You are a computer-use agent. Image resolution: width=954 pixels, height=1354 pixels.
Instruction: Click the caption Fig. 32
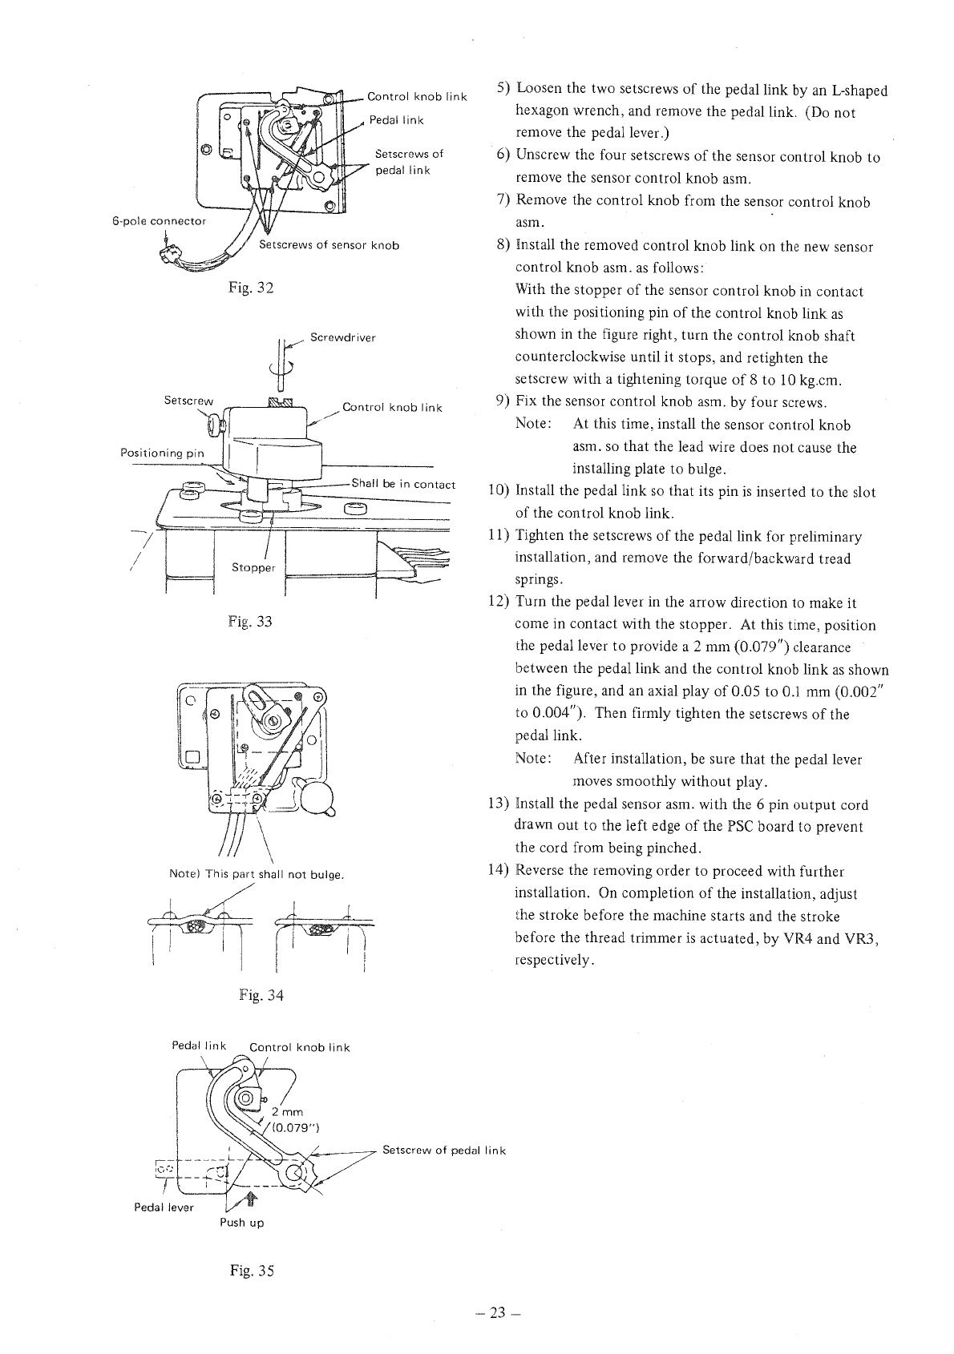coord(250,288)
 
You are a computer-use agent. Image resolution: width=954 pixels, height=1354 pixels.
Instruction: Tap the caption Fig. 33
coord(250,621)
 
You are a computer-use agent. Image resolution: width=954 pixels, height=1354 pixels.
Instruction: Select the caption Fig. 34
coord(261,995)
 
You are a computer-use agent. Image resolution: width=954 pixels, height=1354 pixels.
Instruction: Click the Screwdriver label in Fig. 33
coord(343,337)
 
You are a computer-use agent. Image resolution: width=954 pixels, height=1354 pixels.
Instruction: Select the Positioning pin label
coord(162,453)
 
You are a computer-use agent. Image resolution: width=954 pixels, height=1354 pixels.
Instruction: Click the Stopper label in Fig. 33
coord(253,567)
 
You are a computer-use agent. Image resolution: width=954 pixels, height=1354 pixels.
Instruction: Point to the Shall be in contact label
coord(403,484)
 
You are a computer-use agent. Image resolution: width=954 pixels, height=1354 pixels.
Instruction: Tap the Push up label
coord(242,1223)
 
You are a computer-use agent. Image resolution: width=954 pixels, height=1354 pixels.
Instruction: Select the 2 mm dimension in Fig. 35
coord(287,1111)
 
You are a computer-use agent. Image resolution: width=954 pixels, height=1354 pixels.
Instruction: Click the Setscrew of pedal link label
coord(444,1150)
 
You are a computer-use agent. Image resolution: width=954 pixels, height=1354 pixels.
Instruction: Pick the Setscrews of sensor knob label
coord(329,245)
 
